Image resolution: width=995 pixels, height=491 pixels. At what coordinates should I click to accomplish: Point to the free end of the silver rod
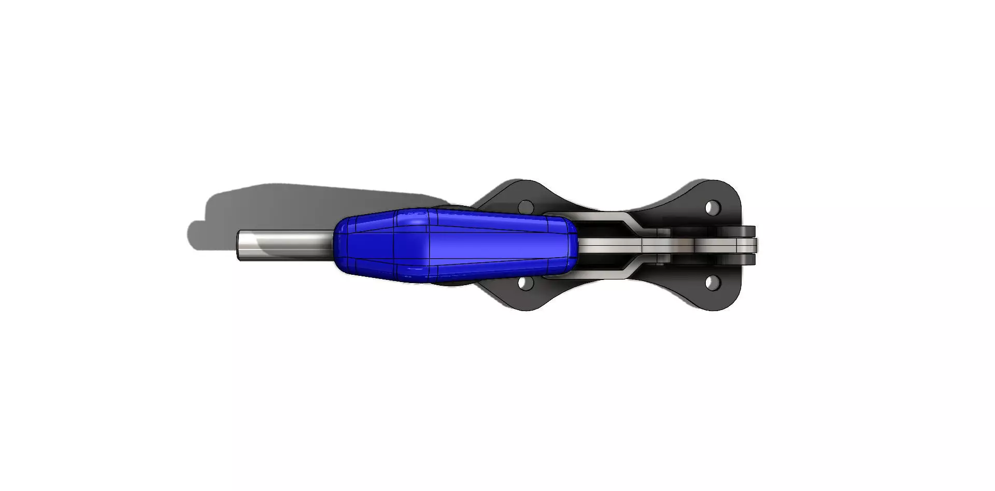(240, 245)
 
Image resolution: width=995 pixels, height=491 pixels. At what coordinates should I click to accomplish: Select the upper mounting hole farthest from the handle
(713, 207)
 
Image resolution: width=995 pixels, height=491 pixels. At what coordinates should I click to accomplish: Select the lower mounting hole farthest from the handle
(713, 283)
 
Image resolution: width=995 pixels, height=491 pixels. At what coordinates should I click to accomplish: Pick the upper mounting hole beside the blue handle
(526, 207)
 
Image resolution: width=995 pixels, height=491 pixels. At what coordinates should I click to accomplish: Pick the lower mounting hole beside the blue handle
(526, 283)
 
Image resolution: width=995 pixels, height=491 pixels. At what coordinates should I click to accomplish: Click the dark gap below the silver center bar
(601, 262)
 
